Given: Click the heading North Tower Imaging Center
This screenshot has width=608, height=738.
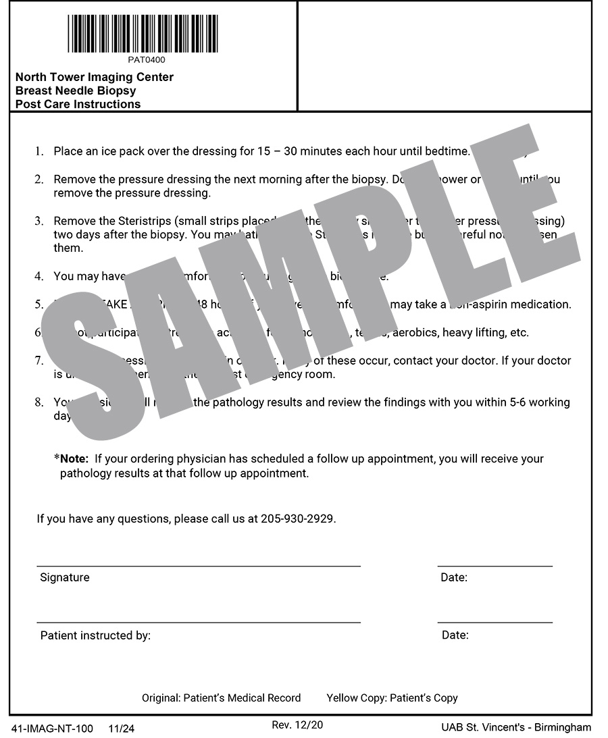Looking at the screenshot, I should (95, 77).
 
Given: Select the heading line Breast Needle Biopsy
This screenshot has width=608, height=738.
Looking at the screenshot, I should (76, 90).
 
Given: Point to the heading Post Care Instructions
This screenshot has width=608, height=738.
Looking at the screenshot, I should (78, 104).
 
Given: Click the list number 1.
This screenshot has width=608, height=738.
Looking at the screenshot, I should (39, 151).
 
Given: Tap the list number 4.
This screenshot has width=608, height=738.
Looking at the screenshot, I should (39, 276).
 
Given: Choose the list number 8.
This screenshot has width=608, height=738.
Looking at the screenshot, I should (39, 402).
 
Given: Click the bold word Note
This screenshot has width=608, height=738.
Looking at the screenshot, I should (74, 459).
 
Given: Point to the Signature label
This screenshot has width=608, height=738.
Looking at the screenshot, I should (65, 577).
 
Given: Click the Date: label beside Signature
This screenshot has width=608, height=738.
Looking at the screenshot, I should (454, 577).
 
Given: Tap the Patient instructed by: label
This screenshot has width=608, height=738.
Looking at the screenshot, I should (95, 635).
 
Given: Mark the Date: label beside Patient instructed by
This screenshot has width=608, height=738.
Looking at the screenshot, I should (455, 635).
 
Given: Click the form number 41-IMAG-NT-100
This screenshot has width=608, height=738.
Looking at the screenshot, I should (53, 729).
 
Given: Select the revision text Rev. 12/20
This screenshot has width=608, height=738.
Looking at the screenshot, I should (297, 725).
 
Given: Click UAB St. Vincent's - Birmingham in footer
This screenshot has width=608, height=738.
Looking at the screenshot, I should (516, 727).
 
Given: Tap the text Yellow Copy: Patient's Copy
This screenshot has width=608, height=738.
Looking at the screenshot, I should (392, 698).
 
